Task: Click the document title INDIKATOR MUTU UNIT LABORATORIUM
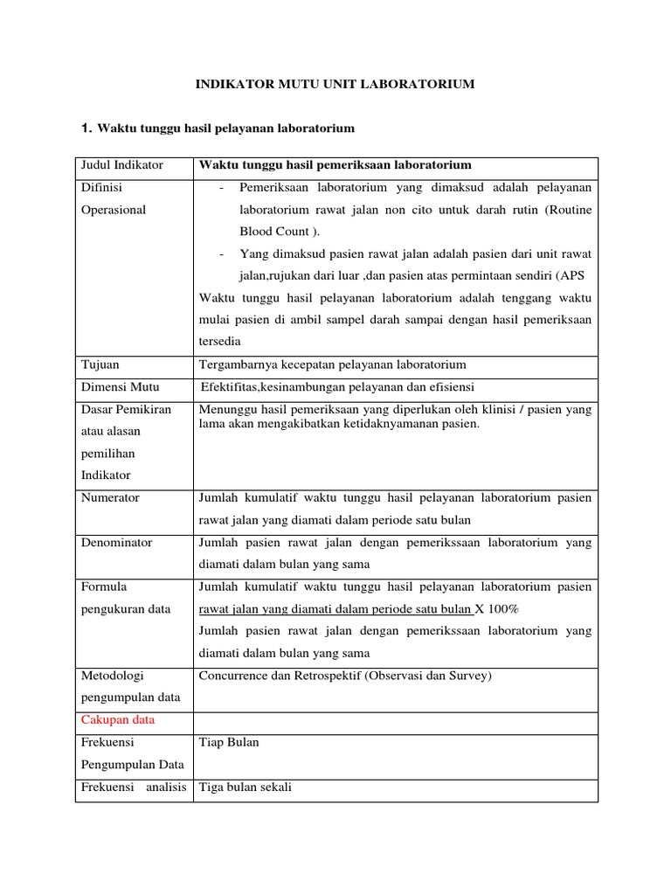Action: point(334,84)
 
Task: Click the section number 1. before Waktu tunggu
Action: point(86,128)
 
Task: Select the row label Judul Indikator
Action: point(122,165)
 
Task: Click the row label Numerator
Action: point(110,498)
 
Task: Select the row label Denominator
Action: point(116,543)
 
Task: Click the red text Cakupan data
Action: point(118,720)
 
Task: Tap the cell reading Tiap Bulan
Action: point(229,743)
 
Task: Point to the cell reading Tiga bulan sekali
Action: point(246,787)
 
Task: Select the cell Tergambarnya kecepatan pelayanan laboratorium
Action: point(333,364)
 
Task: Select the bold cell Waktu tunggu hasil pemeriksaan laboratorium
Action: point(335,165)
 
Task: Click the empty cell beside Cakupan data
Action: point(396,721)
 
